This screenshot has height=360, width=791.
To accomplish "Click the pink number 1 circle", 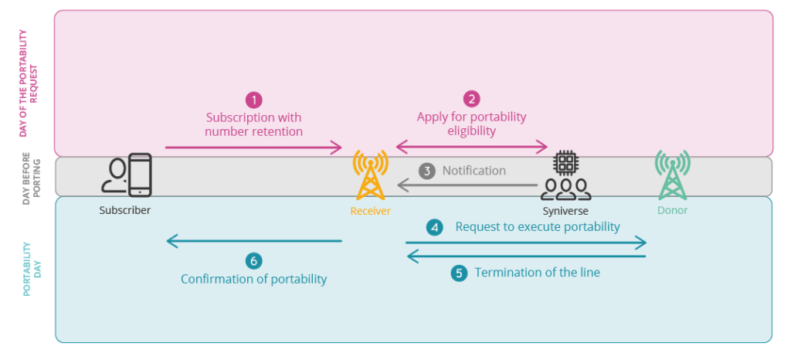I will pyautogui.click(x=253, y=100).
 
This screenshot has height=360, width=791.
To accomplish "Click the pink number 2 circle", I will pyautogui.click(x=471, y=99).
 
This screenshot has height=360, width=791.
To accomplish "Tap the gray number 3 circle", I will pyautogui.click(x=427, y=170).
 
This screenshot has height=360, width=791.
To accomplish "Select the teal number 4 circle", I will pyautogui.click(x=436, y=227).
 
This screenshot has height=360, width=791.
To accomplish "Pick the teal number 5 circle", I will pyautogui.click(x=460, y=273).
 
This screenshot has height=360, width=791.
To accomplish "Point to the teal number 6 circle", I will pyautogui.click(x=253, y=260).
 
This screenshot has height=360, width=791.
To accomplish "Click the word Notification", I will pyautogui.click(x=474, y=170).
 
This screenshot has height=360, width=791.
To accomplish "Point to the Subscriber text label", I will pyautogui.click(x=125, y=210).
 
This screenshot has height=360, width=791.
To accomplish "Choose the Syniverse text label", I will pyautogui.click(x=565, y=210).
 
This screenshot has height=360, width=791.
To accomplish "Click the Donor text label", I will pyautogui.click(x=672, y=210).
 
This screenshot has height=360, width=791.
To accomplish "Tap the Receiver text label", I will pyautogui.click(x=370, y=210).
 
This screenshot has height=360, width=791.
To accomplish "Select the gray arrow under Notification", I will pyautogui.click(x=467, y=185).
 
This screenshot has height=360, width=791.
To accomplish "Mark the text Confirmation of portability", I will pyautogui.click(x=253, y=279).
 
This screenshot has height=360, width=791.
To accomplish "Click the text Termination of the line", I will pyautogui.click(x=537, y=273).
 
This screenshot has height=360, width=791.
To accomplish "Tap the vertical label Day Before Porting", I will pyautogui.click(x=27, y=177).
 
